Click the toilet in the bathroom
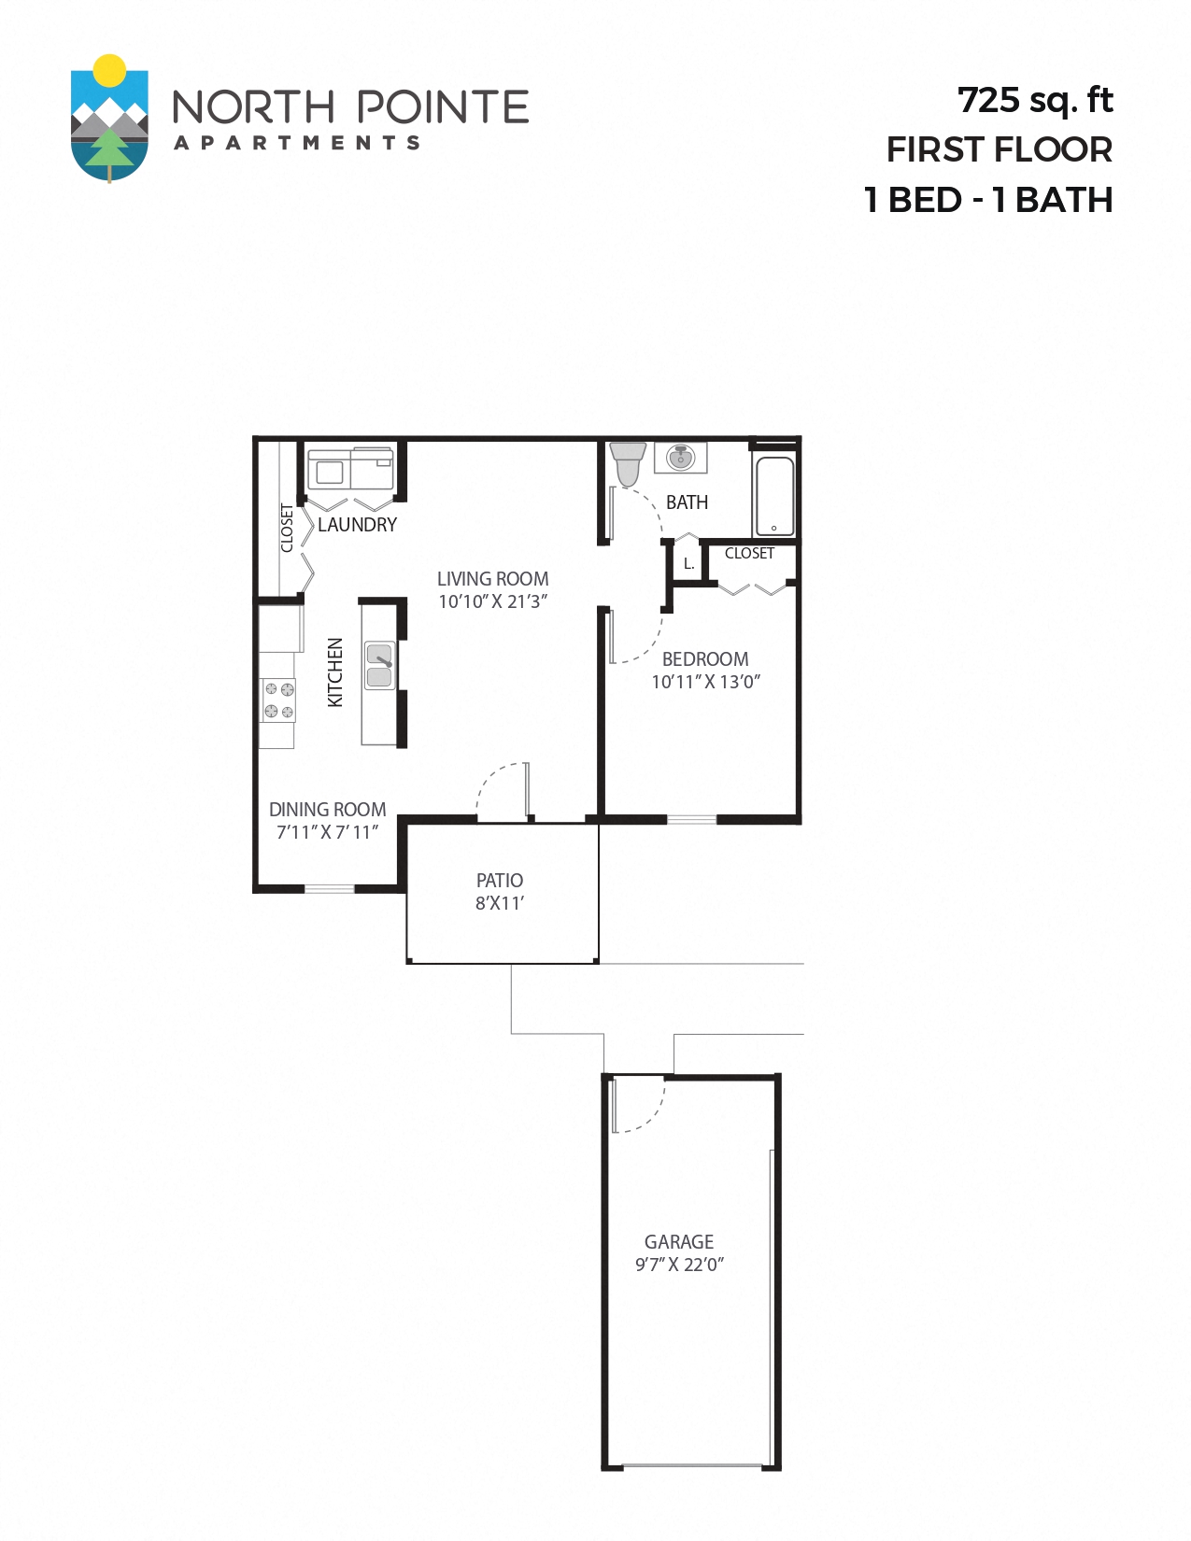click(628, 464)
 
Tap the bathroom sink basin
click(681, 458)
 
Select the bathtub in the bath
click(774, 496)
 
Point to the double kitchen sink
click(379, 665)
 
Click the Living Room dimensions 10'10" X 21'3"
click(492, 602)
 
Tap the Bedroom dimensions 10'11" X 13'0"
click(705, 683)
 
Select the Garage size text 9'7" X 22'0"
click(679, 1265)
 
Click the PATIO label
click(500, 881)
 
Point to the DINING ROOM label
click(327, 810)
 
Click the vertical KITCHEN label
click(335, 672)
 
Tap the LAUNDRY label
click(357, 525)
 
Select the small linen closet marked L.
click(688, 564)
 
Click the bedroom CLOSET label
click(749, 554)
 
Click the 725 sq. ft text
click(1035, 100)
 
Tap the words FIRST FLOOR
click(999, 149)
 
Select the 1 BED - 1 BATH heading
click(988, 200)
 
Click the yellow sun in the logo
click(110, 69)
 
